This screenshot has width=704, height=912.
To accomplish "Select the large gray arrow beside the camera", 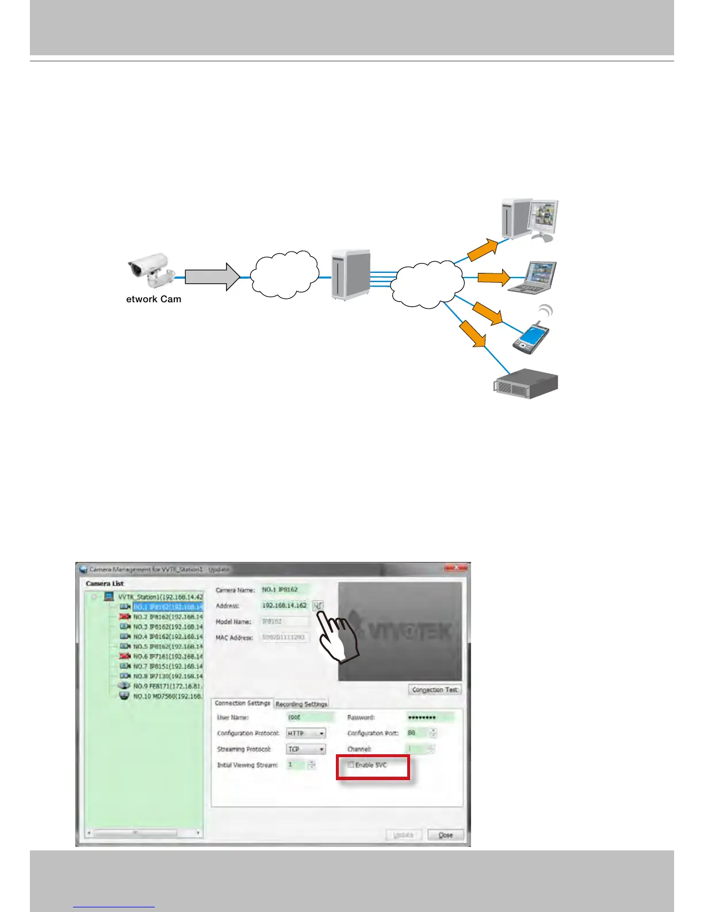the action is [x=212, y=277].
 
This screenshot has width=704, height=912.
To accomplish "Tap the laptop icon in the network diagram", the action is [x=540, y=277].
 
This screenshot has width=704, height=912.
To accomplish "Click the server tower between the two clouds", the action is [x=350, y=274].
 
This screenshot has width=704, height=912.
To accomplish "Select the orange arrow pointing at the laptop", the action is [x=493, y=278].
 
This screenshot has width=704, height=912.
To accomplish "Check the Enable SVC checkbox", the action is [x=351, y=765].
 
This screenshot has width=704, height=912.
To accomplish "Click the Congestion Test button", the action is [x=435, y=690].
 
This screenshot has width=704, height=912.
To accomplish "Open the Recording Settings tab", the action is [x=301, y=704].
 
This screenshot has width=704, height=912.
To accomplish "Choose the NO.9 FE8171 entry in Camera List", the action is [x=167, y=686].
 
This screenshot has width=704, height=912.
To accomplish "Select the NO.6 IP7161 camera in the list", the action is [x=167, y=656].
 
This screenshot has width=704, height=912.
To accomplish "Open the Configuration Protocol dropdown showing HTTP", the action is [x=306, y=734].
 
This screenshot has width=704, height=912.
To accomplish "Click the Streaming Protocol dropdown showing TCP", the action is [x=306, y=749].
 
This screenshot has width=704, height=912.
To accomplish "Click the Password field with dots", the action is [x=430, y=717].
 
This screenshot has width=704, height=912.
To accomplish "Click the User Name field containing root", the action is [x=311, y=717].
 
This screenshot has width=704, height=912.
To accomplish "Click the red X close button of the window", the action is [x=456, y=568].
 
